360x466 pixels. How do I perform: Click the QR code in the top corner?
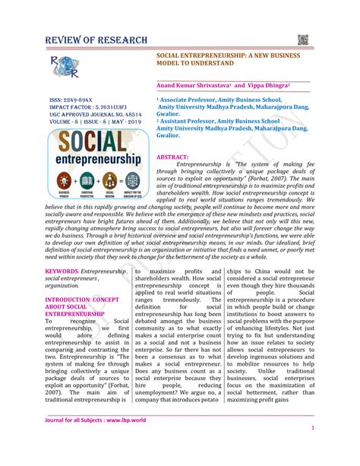coord(305,40)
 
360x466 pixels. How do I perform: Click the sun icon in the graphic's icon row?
coord(63,181)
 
